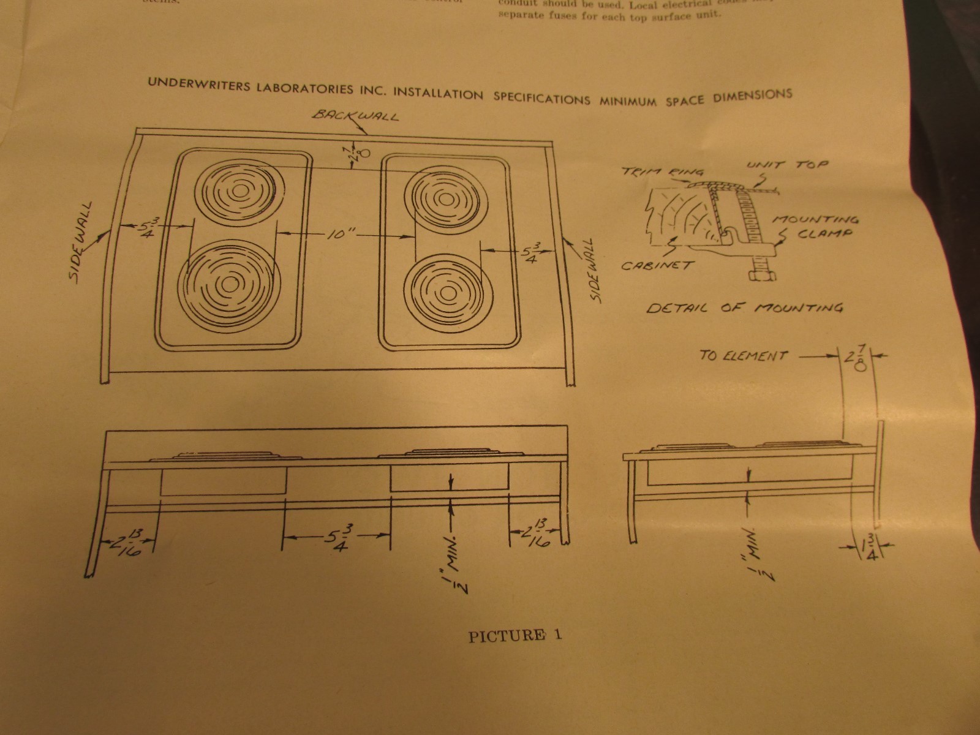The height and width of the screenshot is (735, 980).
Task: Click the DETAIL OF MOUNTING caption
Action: point(745,308)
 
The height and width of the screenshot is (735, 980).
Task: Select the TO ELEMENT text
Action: point(744,355)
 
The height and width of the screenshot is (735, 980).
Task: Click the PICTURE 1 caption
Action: point(514,636)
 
